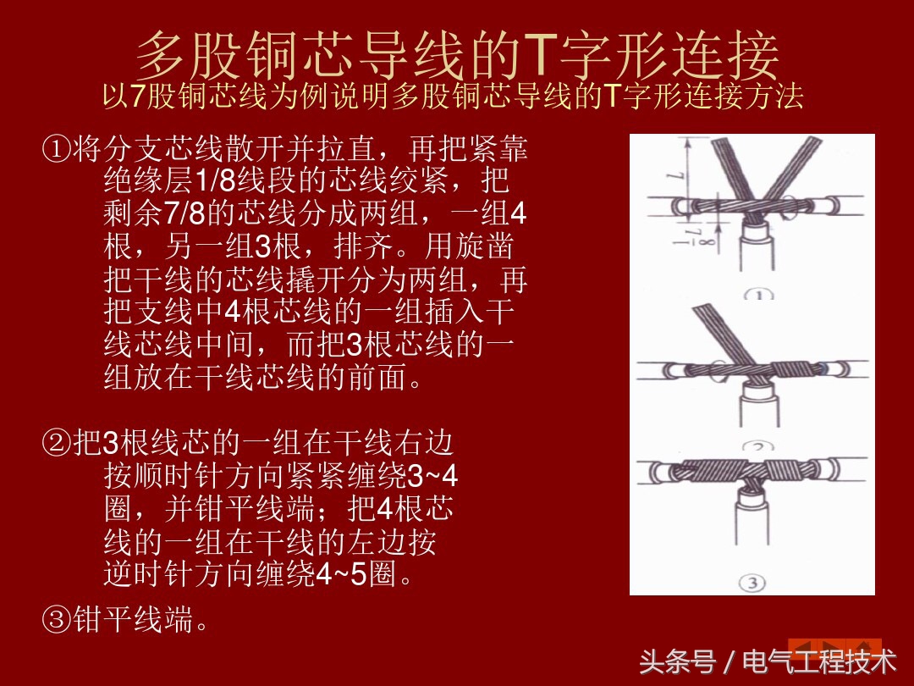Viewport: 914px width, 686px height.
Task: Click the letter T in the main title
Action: pyautogui.click(x=542, y=54)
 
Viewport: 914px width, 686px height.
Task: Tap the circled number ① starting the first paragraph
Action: pyautogui.click(x=57, y=149)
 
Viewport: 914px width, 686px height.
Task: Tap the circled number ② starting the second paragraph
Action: pyautogui.click(x=57, y=443)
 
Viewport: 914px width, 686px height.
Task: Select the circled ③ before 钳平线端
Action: pyautogui.click(x=57, y=619)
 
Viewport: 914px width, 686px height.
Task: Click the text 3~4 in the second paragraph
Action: pyautogui.click(x=432, y=477)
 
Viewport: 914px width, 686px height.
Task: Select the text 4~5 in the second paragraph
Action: pyautogui.click(x=341, y=574)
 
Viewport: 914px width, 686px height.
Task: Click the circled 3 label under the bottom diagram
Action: pyautogui.click(x=752, y=582)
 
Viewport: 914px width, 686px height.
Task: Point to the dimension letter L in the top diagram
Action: pyautogui.click(x=674, y=174)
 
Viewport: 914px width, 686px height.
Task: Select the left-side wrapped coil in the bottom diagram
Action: pyautogui.click(x=705, y=471)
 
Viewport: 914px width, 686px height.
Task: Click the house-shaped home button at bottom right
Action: pyautogui.click(x=867, y=648)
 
